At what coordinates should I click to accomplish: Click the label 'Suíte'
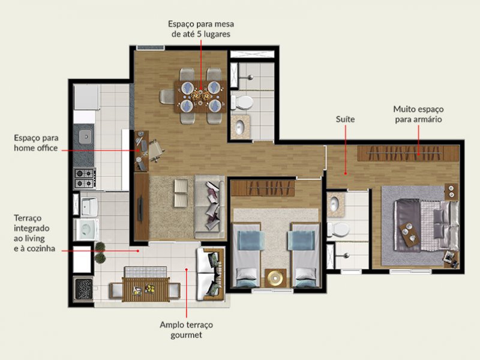coord(346,119)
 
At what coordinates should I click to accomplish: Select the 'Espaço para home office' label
coord(36,143)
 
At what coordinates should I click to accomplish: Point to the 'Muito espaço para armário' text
coord(418,114)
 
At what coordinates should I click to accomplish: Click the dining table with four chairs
coord(200,95)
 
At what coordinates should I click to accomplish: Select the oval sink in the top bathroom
coord(241,127)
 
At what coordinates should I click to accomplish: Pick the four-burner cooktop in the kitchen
coord(85,176)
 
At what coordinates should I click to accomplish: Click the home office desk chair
coord(155,149)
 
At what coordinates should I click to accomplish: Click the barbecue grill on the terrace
coord(83,289)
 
